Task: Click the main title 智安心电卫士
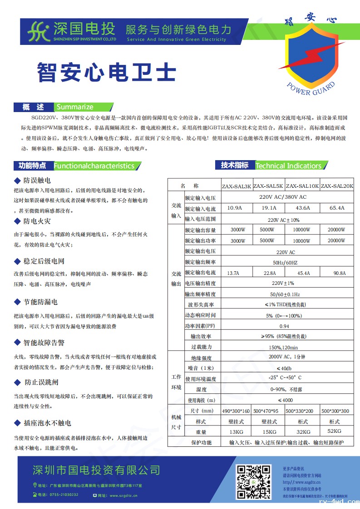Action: (x=106, y=72)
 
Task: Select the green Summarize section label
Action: (x=74, y=107)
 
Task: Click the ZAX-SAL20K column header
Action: (x=337, y=186)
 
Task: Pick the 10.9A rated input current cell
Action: (x=234, y=208)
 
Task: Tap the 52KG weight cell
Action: (x=334, y=431)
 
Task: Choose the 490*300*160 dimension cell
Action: (x=236, y=411)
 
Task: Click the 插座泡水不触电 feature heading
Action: (x=47, y=423)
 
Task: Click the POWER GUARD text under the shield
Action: (x=311, y=89)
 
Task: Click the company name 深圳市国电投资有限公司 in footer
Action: (x=97, y=469)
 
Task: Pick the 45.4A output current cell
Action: (x=303, y=273)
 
